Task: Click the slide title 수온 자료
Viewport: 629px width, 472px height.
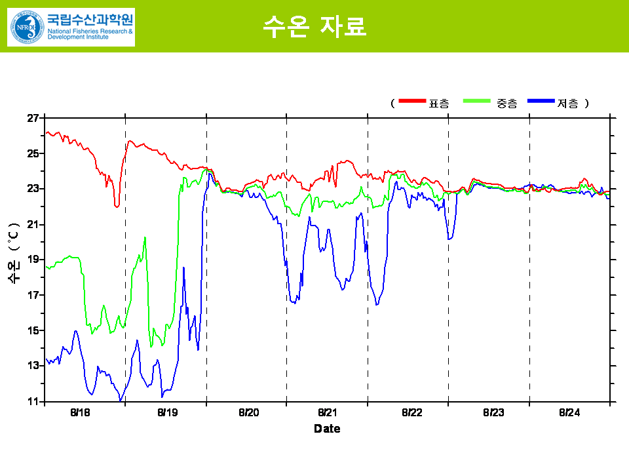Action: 314,26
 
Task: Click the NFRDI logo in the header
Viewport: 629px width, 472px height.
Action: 71,27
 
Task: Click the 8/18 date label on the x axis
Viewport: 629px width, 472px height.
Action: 80,413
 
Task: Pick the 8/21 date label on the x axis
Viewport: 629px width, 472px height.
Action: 328,413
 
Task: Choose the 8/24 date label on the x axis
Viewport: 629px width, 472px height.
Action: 569,413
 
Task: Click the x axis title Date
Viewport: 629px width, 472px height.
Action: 327,429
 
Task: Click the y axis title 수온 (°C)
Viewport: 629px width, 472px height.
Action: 14,253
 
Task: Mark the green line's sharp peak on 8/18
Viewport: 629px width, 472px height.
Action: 145,237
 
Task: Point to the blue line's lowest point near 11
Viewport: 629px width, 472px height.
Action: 121,400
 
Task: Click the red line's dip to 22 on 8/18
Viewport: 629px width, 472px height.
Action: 117,206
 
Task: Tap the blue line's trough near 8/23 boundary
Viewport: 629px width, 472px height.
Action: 449,239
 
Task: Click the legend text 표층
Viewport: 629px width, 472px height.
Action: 439,103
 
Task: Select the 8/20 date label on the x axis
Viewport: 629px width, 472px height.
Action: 248,413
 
